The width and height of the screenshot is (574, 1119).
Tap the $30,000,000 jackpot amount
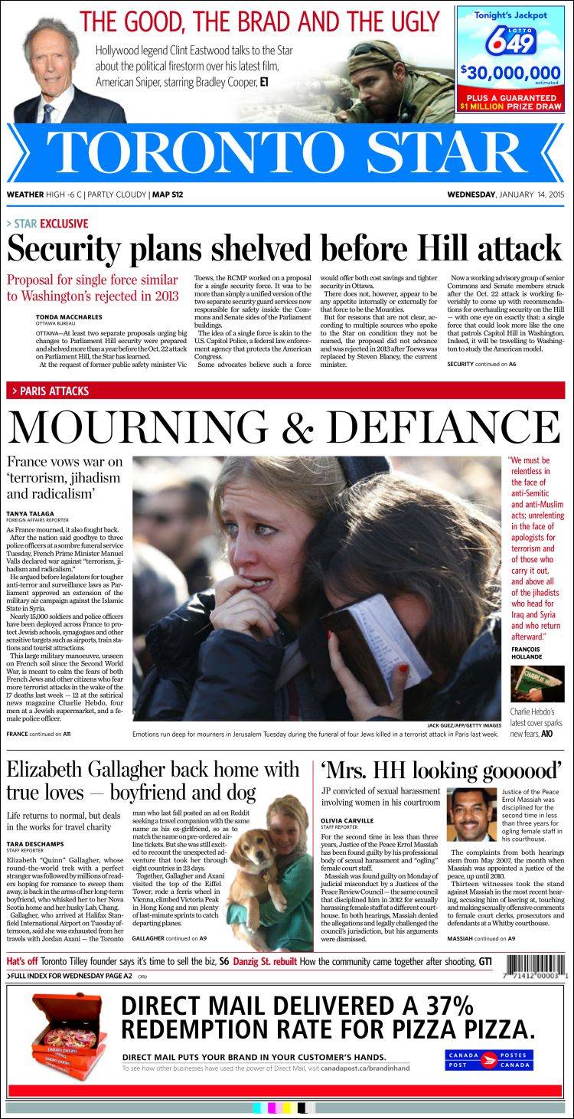[x=510, y=74]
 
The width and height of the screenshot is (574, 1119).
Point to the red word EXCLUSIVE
[x=64, y=224]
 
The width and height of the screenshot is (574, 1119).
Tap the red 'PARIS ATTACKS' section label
[x=54, y=391]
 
